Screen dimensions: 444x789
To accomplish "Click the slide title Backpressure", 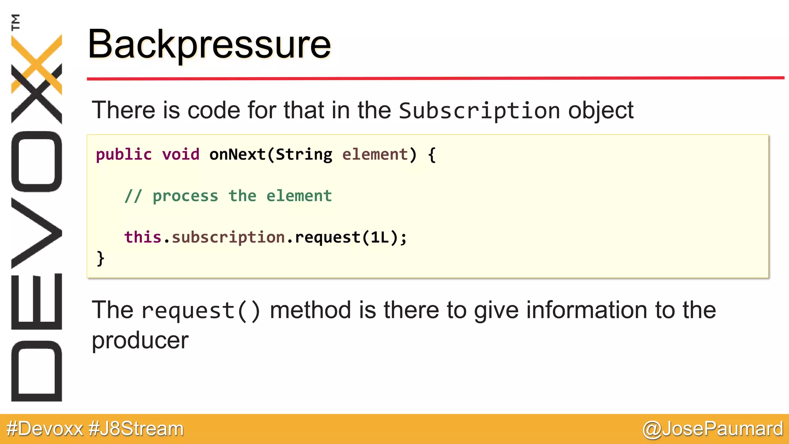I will click(209, 45).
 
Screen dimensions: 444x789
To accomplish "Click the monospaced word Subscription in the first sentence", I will click(479, 111).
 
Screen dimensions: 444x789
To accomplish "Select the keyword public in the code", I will click(124, 155).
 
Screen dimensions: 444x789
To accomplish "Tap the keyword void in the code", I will click(180, 155).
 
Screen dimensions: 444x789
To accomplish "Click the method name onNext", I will click(237, 155).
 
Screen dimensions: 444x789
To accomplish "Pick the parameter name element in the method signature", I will click(374, 155).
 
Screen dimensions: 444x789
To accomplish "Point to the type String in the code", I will click(304, 155).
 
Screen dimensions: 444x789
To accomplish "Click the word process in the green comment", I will click(185, 196).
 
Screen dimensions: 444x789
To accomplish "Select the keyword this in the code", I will click(143, 237).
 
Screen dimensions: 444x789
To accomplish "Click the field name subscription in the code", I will click(228, 237).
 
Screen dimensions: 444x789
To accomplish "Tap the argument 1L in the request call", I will click(380, 237).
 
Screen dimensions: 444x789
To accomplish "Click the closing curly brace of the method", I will click(100, 258).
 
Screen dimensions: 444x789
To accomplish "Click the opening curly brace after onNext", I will click(432, 155).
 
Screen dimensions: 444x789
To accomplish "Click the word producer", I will click(140, 341).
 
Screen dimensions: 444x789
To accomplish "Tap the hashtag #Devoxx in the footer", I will click(45, 429).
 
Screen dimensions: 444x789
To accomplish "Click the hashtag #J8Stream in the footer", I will click(136, 429).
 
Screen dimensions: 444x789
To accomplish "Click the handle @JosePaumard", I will click(713, 429).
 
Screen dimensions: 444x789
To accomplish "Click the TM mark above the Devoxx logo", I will click(15, 22).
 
